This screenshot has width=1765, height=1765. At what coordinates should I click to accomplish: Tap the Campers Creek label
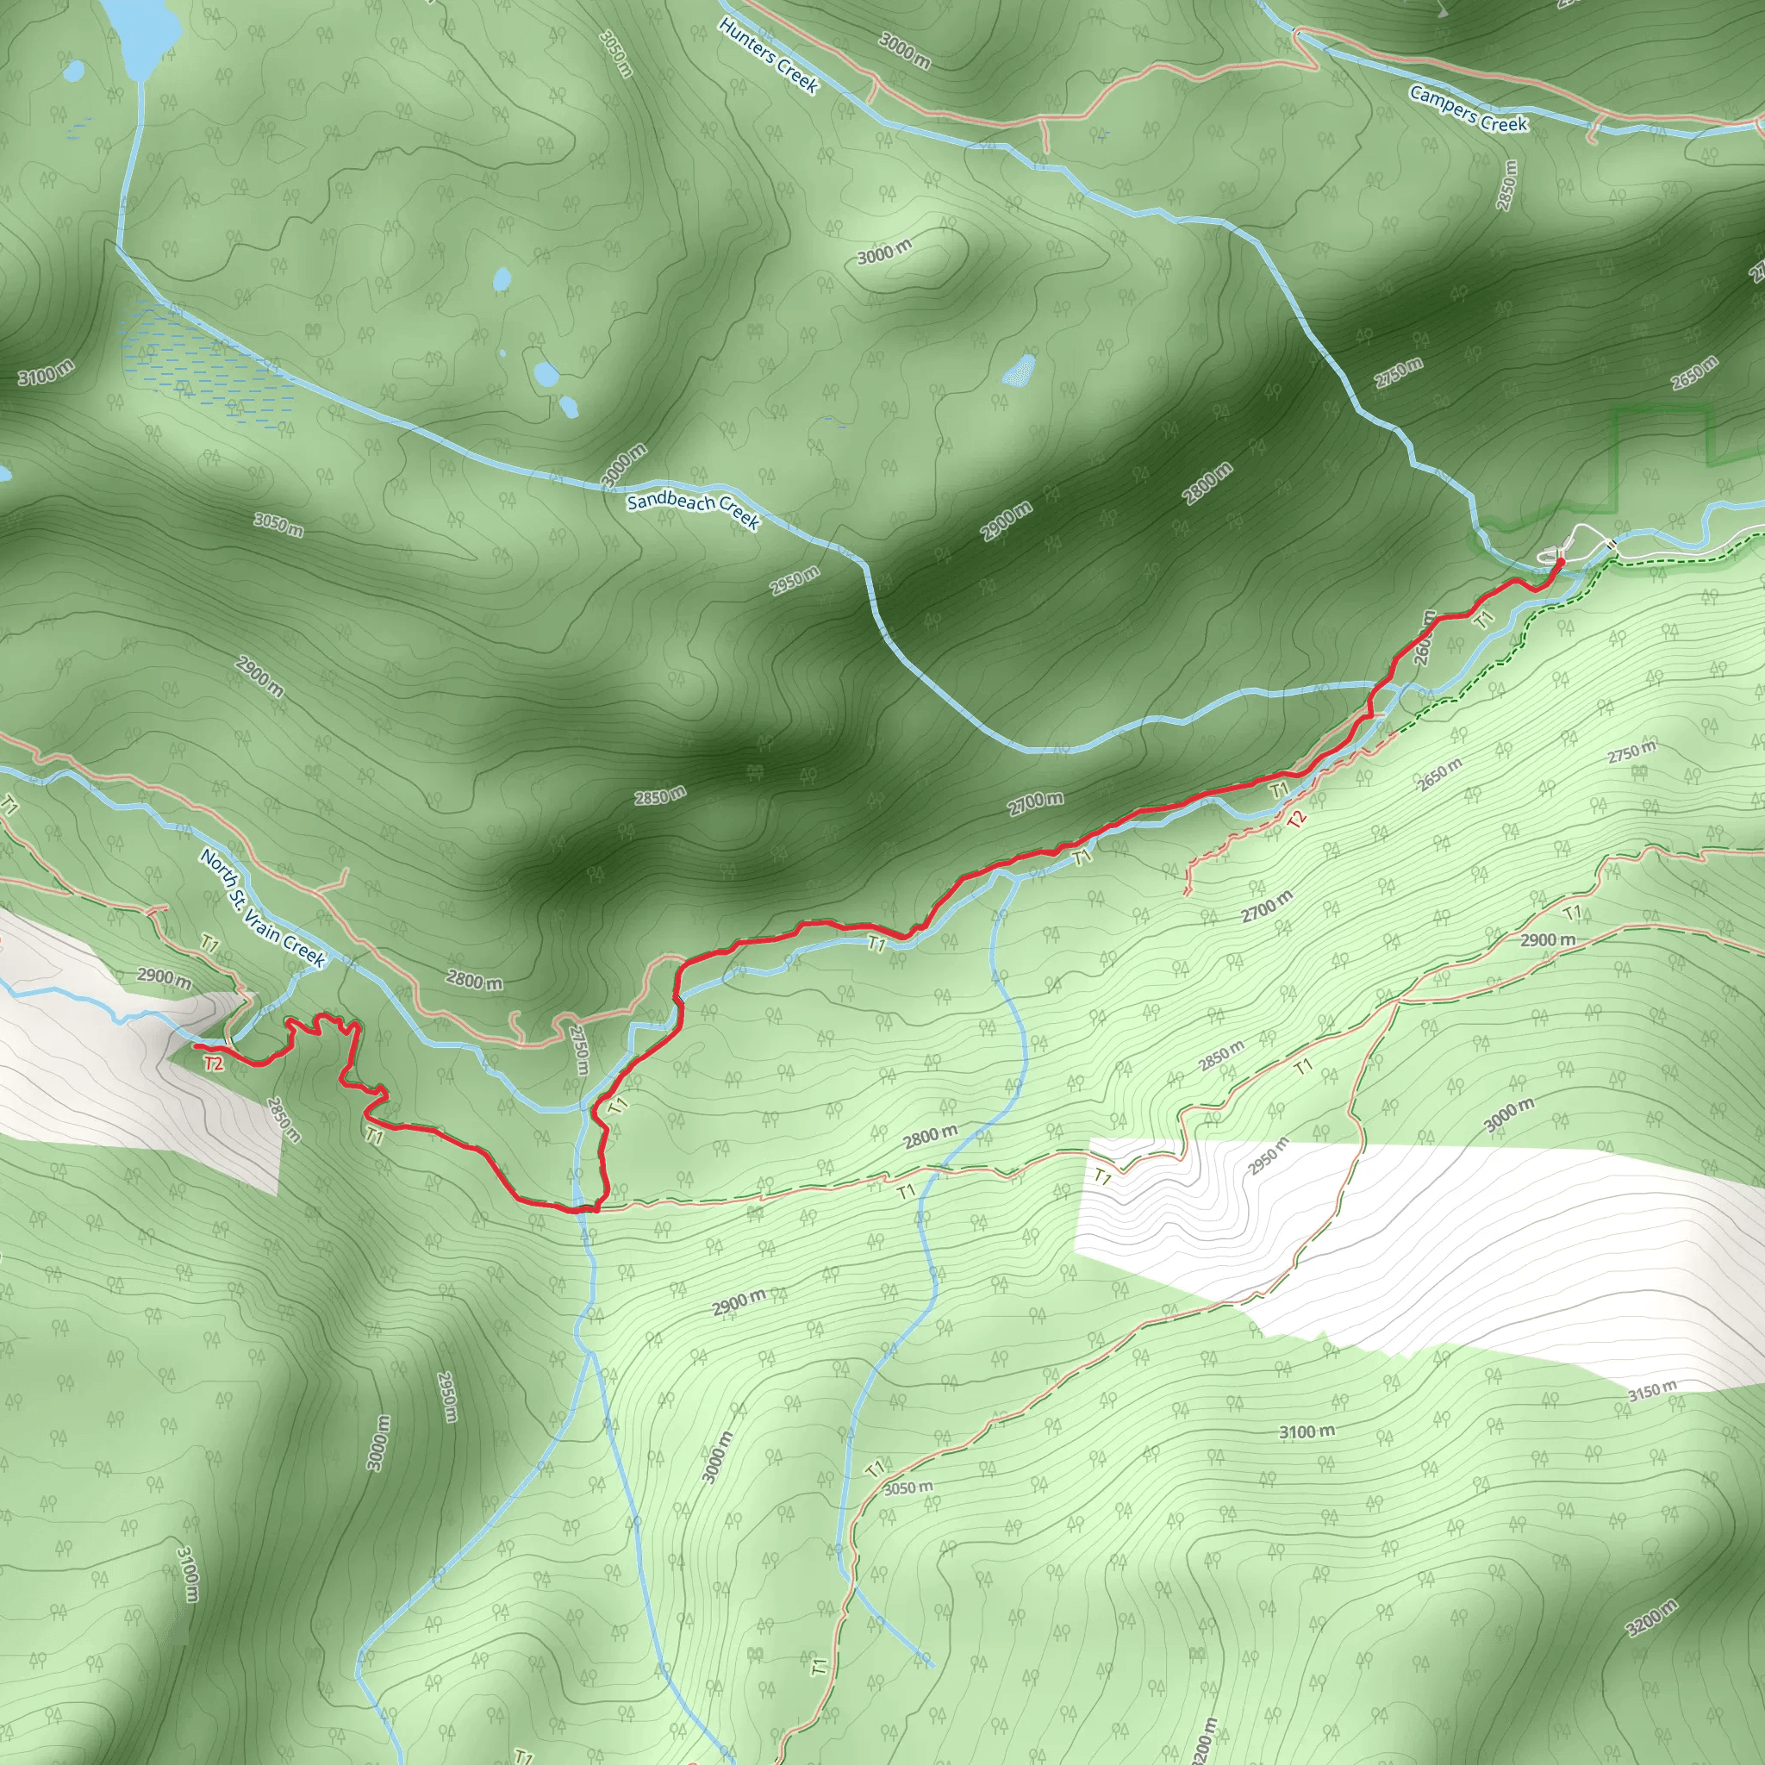pyautogui.click(x=1468, y=109)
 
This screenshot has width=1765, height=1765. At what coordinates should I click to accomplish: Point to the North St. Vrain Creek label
pyautogui.click(x=262, y=908)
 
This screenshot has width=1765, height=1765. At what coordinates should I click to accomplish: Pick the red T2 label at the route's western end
pyautogui.click(x=213, y=1063)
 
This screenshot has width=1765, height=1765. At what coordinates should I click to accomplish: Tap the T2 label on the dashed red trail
pyautogui.click(x=1296, y=820)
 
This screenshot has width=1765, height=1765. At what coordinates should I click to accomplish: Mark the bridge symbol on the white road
pyautogui.click(x=1612, y=545)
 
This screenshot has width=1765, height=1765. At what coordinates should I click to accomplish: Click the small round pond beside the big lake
pyautogui.click(x=75, y=71)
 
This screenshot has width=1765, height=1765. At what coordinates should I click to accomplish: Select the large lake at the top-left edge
pyautogui.click(x=141, y=32)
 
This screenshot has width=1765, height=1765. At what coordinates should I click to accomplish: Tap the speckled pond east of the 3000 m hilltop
pyautogui.click(x=1019, y=370)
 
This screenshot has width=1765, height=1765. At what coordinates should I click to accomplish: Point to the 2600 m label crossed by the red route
pyautogui.click(x=1424, y=637)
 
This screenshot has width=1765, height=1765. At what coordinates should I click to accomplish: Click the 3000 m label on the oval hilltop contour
pyautogui.click(x=883, y=253)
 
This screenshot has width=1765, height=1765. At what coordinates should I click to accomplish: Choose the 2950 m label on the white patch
pyautogui.click(x=1268, y=1157)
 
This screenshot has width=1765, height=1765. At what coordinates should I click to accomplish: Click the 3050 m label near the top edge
pyautogui.click(x=617, y=53)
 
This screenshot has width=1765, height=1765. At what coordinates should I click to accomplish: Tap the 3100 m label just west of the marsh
pyautogui.click(x=46, y=372)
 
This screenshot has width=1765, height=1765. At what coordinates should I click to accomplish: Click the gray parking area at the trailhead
pyautogui.click(x=1550, y=552)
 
